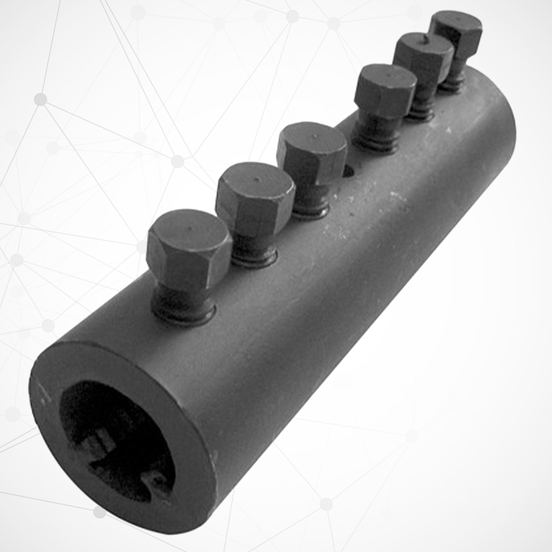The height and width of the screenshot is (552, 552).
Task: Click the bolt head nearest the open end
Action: click(189, 248)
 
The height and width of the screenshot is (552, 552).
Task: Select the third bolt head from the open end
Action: click(312, 152)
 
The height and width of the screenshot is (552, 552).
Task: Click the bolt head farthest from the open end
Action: click(456, 32)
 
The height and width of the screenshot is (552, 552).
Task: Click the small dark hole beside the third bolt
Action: click(348, 171)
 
